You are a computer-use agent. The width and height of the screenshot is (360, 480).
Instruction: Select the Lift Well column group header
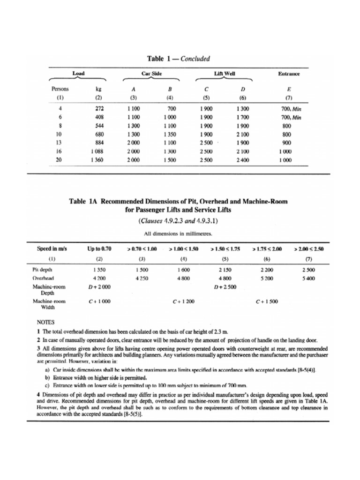coord(222,74)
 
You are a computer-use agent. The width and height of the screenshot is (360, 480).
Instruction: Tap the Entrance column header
coord(289,74)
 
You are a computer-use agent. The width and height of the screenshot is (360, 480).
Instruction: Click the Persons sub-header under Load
coord(60,89)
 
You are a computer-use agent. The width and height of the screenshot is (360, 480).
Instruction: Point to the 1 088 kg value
coord(96,151)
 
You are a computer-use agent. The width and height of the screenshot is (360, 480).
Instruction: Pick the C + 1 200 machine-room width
coord(184,301)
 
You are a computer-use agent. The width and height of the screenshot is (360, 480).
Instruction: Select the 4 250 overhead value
coord(142,277)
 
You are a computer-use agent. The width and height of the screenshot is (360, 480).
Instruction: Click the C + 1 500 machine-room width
coord(266,301)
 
